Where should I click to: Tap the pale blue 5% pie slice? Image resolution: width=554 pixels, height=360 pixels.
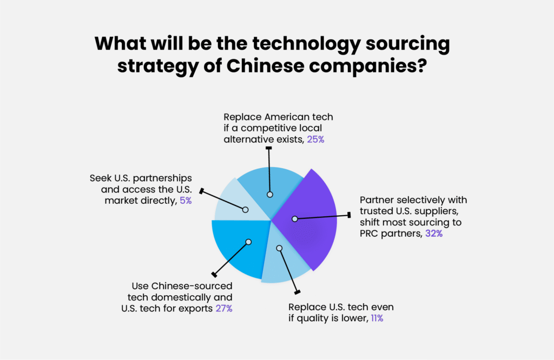pos(233,203)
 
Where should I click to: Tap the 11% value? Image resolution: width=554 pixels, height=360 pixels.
pos(377,318)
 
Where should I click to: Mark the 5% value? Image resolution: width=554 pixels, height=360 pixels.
pos(185,201)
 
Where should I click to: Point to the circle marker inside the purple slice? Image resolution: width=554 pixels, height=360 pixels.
pos(295,219)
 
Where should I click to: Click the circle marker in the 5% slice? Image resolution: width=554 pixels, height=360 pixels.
pos(245,209)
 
